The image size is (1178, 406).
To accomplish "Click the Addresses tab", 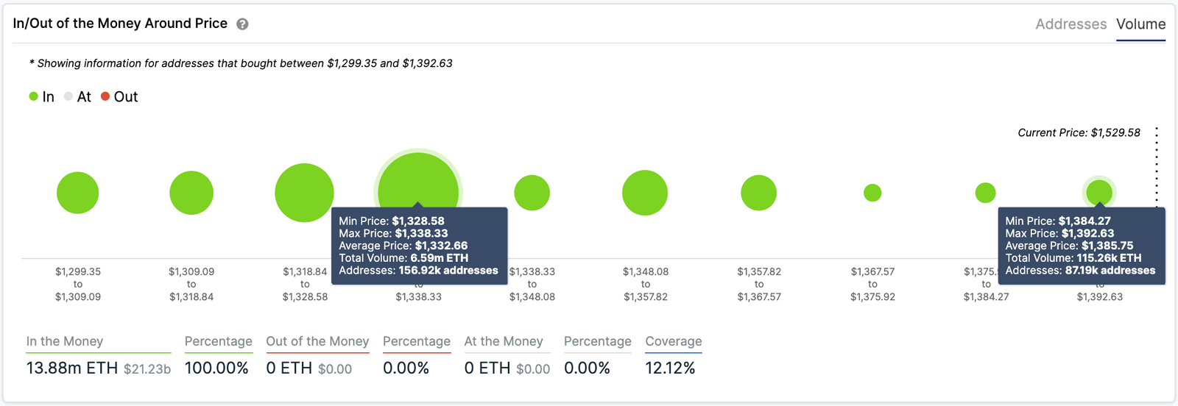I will pos(1071,24).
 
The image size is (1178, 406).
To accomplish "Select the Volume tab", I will pos(1140,24).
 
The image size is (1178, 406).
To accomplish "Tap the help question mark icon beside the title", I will pos(242,24).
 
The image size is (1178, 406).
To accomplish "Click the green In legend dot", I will pos(33,96).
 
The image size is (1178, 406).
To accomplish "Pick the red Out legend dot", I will pos(105,96).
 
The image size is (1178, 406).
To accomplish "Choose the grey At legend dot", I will pos(68,96).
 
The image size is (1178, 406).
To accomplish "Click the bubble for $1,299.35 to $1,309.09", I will pos(77,193).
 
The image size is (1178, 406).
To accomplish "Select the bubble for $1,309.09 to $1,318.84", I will pos(191,193).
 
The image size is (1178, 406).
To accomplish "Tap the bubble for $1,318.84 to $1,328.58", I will pos(304,193).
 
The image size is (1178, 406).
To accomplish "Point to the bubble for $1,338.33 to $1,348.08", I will pos(532,193).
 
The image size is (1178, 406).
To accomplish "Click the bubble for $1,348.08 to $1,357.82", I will pos(645,193).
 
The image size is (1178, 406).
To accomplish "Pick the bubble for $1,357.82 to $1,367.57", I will pos(758,193).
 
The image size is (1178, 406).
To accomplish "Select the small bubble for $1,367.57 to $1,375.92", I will pos(872,193).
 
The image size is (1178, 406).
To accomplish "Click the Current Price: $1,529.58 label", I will pos(1079,133).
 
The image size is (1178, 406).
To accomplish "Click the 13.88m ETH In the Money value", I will pos(71,368).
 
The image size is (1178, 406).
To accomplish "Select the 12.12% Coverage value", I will pos(670,368).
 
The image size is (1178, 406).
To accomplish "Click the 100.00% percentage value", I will pos(216,368).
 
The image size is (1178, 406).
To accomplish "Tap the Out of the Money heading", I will pos(317,341).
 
